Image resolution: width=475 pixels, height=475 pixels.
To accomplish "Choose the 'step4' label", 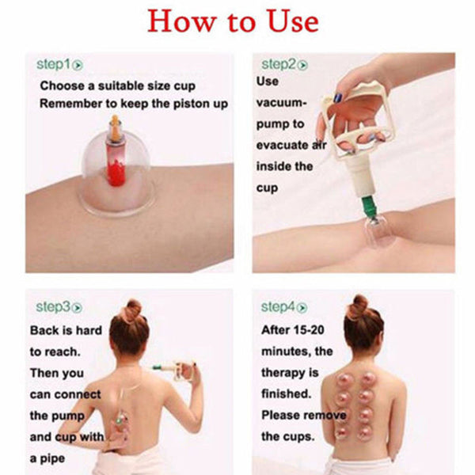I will pyautogui.click(x=278, y=306).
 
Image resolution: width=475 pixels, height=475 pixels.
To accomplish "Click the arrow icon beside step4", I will pyautogui.click(x=303, y=306).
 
